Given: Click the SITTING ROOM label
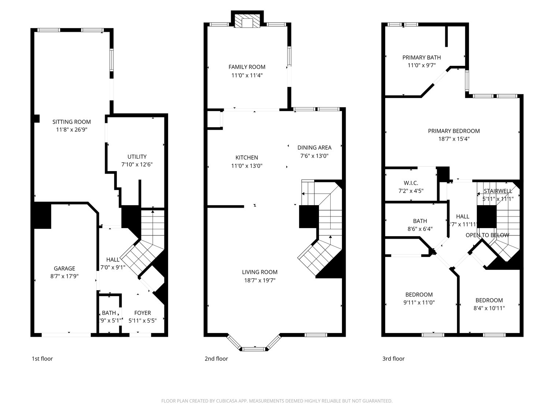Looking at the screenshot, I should pyautogui.click(x=71, y=122).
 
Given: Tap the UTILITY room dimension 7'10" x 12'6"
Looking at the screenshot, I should pyautogui.click(x=137, y=165).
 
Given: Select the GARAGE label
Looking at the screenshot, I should pyautogui.click(x=64, y=268).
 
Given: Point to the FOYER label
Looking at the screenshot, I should pyautogui.click(x=142, y=313).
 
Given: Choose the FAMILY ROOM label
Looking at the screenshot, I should pyautogui.click(x=247, y=67).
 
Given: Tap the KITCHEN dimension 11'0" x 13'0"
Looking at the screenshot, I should pyautogui.click(x=246, y=166).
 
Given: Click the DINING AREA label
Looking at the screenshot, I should pyautogui.click(x=314, y=147).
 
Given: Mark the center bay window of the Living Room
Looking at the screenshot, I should pyautogui.click(x=254, y=349).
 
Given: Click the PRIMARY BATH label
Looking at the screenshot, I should pyautogui.click(x=421, y=57).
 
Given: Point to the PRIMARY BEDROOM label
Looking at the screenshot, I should pyautogui.click(x=454, y=131).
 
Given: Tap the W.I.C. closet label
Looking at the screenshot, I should pyautogui.click(x=411, y=183).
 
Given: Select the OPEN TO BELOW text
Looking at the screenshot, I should pyautogui.click(x=487, y=235).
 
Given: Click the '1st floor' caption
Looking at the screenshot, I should pyautogui.click(x=42, y=359).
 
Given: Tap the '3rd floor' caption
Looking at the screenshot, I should pyautogui.click(x=393, y=359).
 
